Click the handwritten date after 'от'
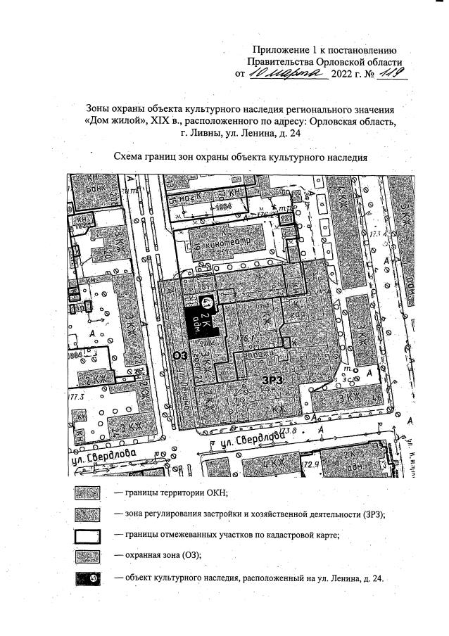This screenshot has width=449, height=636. [284, 73]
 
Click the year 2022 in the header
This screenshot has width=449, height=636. [343, 74]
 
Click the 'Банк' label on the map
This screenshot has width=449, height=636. [85, 190]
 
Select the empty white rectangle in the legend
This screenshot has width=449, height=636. [87, 535]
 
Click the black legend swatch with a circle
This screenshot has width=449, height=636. [87, 578]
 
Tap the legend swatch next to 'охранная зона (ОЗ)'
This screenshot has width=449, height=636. [87, 556]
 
